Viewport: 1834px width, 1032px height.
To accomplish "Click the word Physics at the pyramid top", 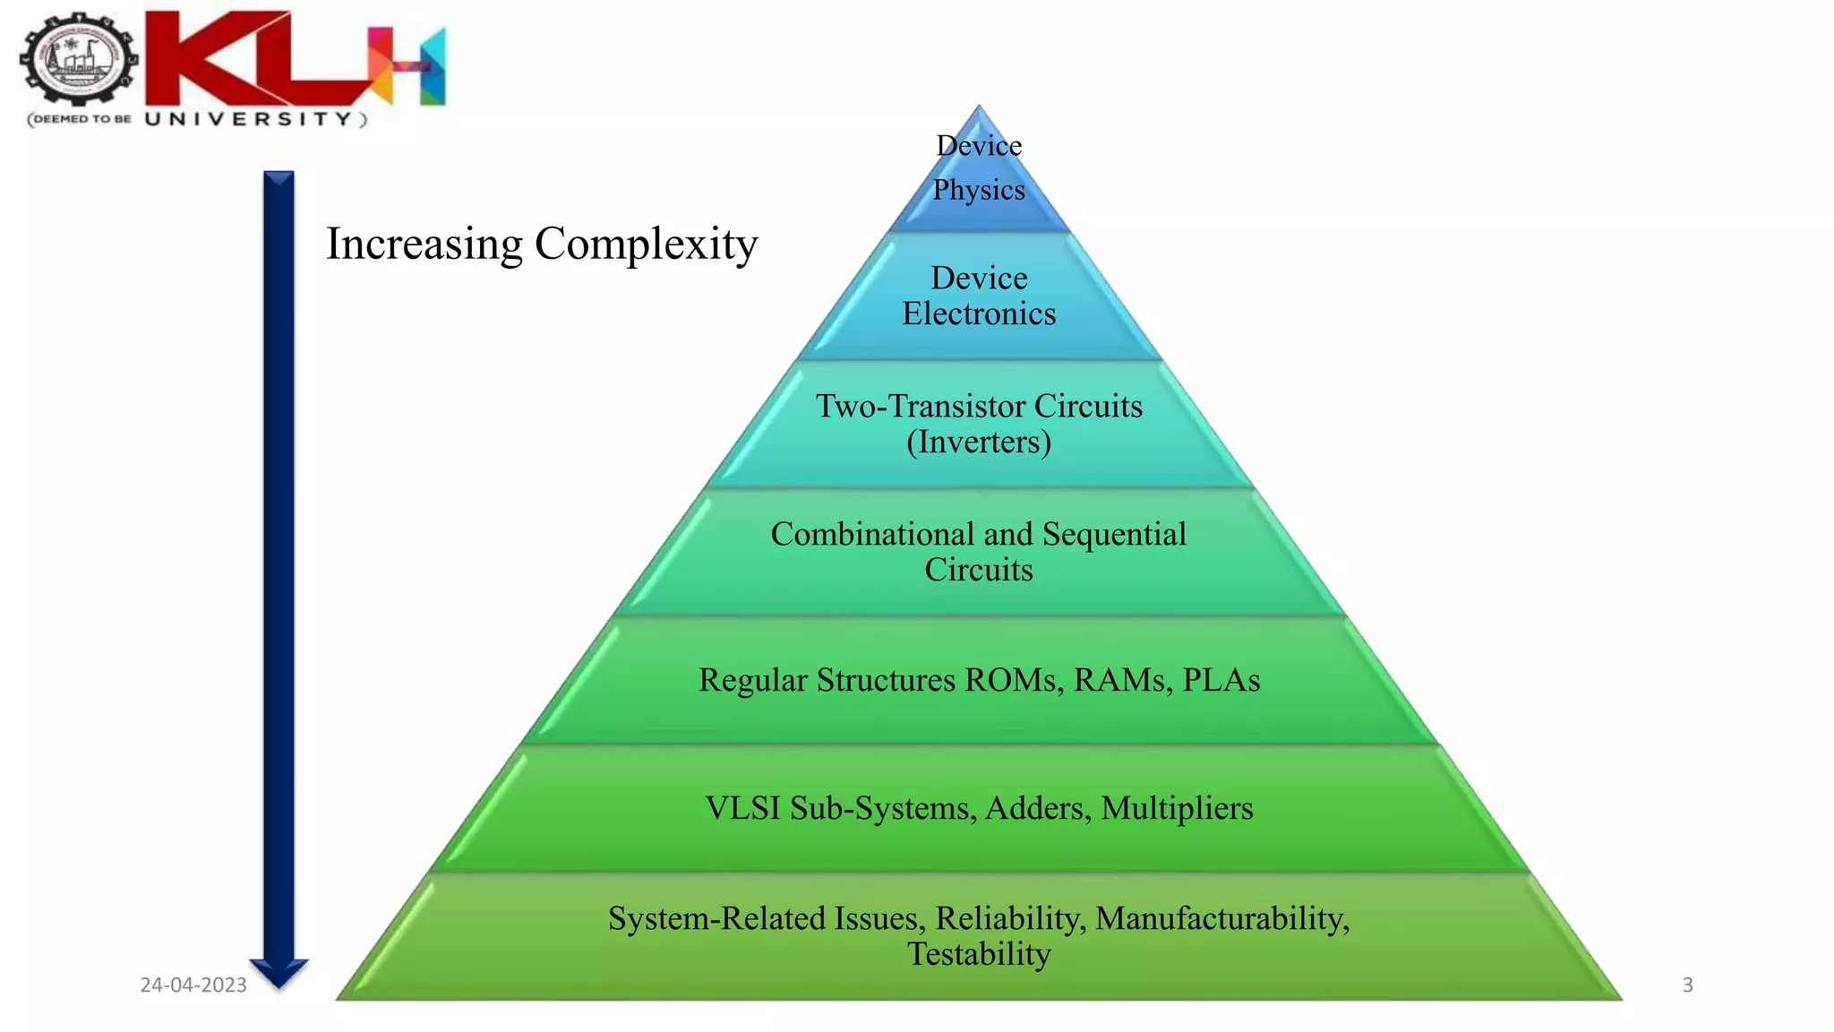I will tap(979, 190).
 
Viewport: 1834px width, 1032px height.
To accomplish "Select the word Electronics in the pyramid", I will tap(979, 314).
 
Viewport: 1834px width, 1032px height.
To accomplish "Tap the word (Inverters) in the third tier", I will tap(979, 442).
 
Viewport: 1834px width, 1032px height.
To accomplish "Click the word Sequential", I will tap(1114, 534).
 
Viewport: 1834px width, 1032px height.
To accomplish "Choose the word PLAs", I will tap(1221, 680).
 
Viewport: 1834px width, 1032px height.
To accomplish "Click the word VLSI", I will tap(742, 808).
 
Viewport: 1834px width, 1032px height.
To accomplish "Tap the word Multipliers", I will tap(1177, 808).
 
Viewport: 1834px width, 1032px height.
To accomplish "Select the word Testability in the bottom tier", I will tap(979, 954).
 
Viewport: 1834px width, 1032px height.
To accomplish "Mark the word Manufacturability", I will tap(1222, 918).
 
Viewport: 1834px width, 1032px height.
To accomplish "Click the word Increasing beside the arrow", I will tap(424, 244).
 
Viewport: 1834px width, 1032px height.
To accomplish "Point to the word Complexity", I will tap(647, 244).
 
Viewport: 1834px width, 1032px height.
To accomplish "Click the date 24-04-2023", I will tap(193, 985).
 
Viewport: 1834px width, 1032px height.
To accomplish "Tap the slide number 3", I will tap(1687, 985).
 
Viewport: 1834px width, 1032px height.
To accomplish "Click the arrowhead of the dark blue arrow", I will tap(279, 972).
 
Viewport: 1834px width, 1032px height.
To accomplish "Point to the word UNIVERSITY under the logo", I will tap(249, 119).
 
